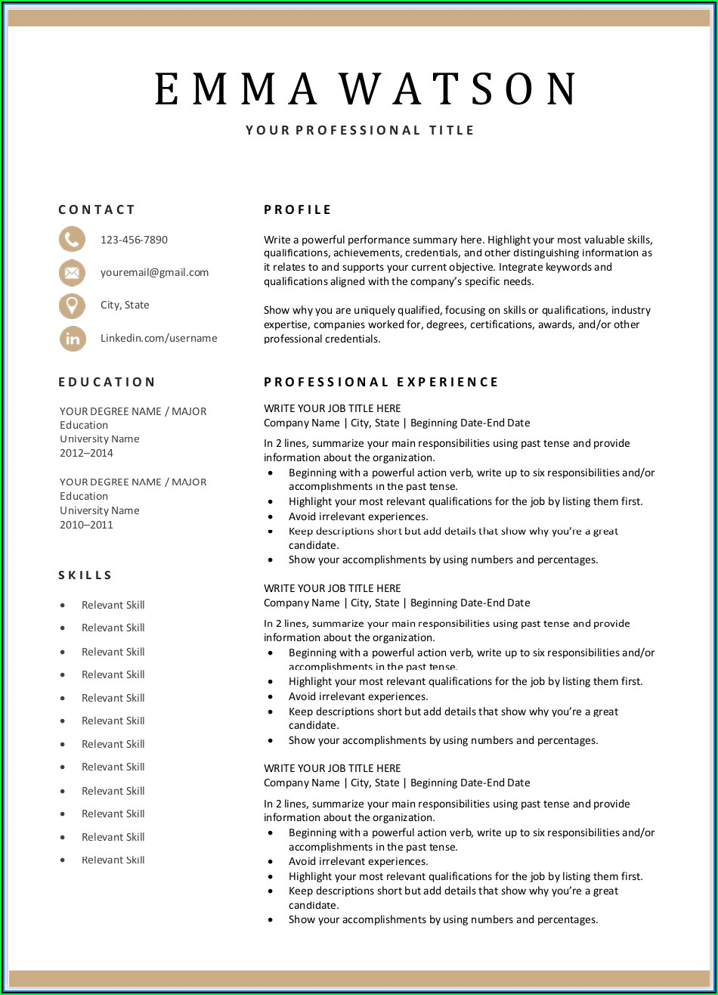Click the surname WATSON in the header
(459, 89)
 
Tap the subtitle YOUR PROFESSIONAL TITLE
(360, 130)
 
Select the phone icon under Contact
(72, 240)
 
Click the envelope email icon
(72, 272)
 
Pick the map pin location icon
(72, 305)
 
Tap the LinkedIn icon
(72, 339)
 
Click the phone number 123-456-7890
(134, 240)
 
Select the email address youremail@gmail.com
(154, 272)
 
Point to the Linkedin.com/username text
(159, 338)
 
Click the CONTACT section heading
(97, 209)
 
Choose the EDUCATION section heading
(107, 382)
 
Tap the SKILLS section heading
(85, 575)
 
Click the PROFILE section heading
(298, 209)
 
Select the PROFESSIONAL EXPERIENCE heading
(381, 382)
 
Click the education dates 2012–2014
(86, 453)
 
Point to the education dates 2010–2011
(86, 525)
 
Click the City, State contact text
(125, 305)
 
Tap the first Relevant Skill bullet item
(113, 605)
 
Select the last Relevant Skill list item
(113, 860)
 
